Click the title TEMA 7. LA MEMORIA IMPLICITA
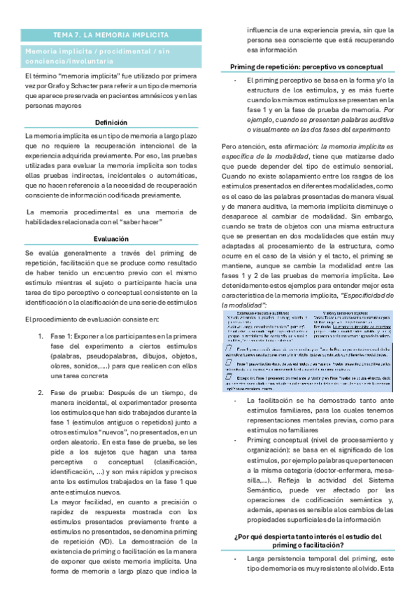pos(111,34)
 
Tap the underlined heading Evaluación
pos(111,238)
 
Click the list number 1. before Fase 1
pos(41,318)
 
